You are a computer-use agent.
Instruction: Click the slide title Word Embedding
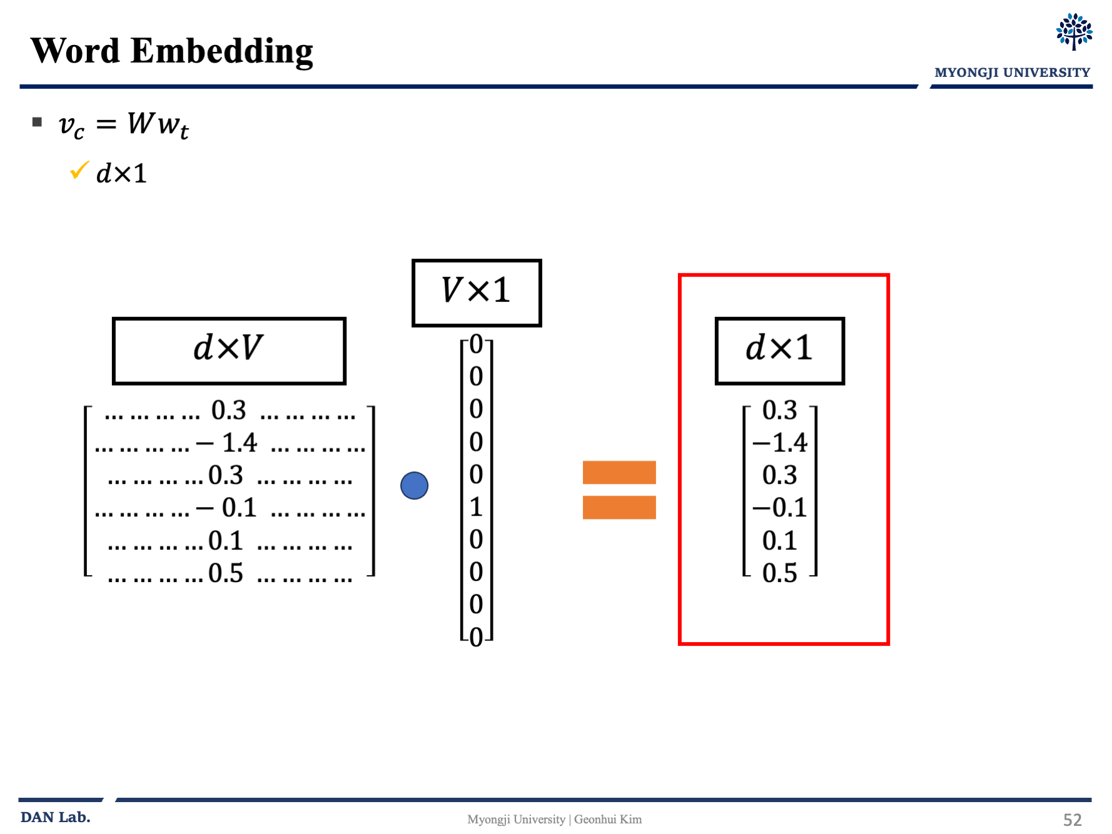pyautogui.click(x=172, y=51)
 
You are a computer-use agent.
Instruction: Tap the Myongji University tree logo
pyautogui.click(x=1074, y=31)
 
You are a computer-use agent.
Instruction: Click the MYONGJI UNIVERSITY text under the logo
pyautogui.click(x=1012, y=73)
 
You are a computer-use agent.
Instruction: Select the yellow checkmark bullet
pyautogui.click(x=79, y=170)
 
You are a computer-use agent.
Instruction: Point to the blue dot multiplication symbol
pyautogui.click(x=414, y=486)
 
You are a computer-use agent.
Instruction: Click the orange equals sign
pyautogui.click(x=619, y=490)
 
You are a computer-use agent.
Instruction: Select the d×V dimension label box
pyautogui.click(x=229, y=350)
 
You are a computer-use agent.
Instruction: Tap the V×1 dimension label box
pyautogui.click(x=477, y=293)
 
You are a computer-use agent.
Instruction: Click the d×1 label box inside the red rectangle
pyautogui.click(x=779, y=350)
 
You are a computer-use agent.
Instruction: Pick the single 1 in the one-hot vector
pyautogui.click(x=477, y=507)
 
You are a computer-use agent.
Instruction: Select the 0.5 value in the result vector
pyautogui.click(x=779, y=573)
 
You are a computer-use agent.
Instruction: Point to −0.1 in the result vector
pyautogui.click(x=780, y=508)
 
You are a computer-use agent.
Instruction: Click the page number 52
pyautogui.click(x=1072, y=820)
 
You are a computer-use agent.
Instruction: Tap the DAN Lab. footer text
pyautogui.click(x=56, y=817)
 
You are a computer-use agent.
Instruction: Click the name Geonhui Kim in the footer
pyautogui.click(x=608, y=820)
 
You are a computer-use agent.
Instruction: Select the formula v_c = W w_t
pyautogui.click(x=123, y=124)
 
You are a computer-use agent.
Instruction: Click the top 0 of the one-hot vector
pyautogui.click(x=477, y=344)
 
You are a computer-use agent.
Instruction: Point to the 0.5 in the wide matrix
pyautogui.click(x=226, y=573)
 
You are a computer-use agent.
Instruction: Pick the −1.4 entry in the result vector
pyautogui.click(x=780, y=443)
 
